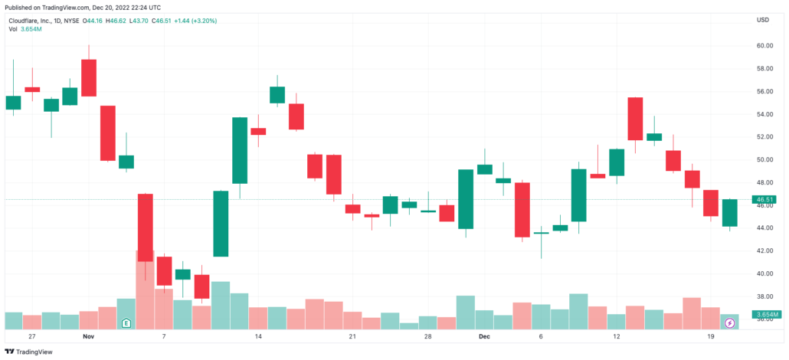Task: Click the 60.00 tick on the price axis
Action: (x=763, y=46)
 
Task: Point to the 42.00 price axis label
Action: (x=763, y=250)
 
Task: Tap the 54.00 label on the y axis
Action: (x=763, y=114)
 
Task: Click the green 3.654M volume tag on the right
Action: (x=766, y=315)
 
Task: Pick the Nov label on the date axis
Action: (x=88, y=336)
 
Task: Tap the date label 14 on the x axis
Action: (x=258, y=336)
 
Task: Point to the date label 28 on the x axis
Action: (x=429, y=336)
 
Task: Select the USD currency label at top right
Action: (x=763, y=20)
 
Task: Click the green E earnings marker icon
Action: (x=126, y=322)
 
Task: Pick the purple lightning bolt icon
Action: (x=729, y=322)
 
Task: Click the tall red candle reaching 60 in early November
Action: (x=89, y=77)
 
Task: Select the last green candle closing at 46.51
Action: (x=729, y=213)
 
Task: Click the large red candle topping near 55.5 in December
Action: (x=635, y=119)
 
